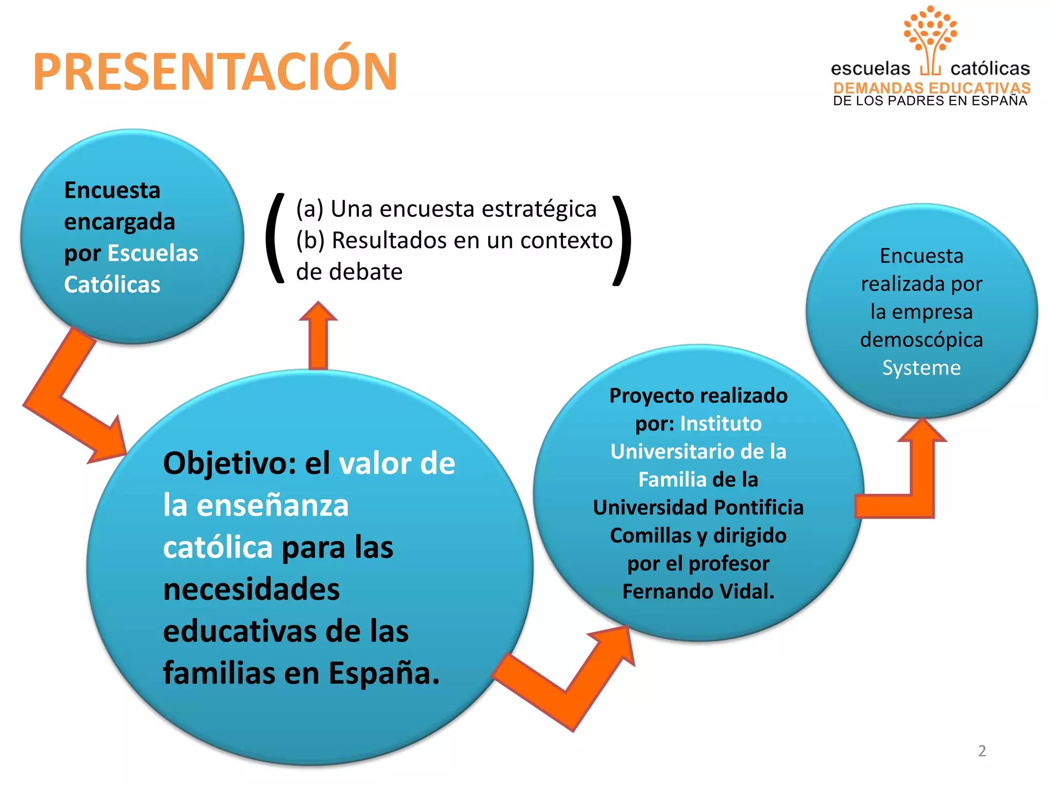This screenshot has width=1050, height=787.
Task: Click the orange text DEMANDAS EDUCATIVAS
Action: pyautogui.click(x=932, y=88)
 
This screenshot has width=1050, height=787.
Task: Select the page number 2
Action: pyautogui.click(x=982, y=751)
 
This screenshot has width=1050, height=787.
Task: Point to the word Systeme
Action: pyautogui.click(x=921, y=368)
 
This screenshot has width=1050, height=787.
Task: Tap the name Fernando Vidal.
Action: pyautogui.click(x=698, y=591)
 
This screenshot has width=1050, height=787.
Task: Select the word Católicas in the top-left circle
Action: pyautogui.click(x=112, y=285)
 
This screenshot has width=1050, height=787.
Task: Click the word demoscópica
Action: pyautogui.click(x=921, y=340)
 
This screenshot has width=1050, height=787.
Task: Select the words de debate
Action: pyautogui.click(x=349, y=272)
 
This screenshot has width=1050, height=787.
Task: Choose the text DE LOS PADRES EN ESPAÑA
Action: pyautogui.click(x=930, y=101)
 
